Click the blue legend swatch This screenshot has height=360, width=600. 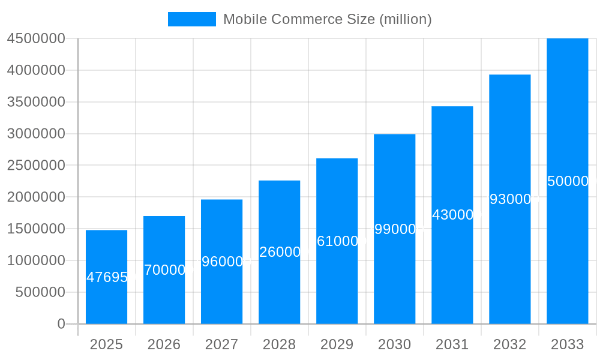point(191,19)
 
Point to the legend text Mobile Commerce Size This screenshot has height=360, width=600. point(327,19)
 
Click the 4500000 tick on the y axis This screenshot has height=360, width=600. point(36,38)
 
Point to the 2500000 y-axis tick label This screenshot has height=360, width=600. point(36,165)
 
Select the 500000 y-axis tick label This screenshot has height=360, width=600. point(40,292)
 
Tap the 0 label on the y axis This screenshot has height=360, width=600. point(61,324)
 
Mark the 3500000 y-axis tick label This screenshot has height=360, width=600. point(36,102)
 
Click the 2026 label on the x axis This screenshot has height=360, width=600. point(164,344)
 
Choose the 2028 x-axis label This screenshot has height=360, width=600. point(279,344)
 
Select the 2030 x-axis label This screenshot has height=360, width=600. point(394,344)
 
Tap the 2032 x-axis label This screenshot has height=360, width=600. point(509,344)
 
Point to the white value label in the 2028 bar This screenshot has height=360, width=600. point(280,252)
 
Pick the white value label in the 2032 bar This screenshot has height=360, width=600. point(510,199)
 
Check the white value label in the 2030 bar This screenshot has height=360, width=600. point(395,229)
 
